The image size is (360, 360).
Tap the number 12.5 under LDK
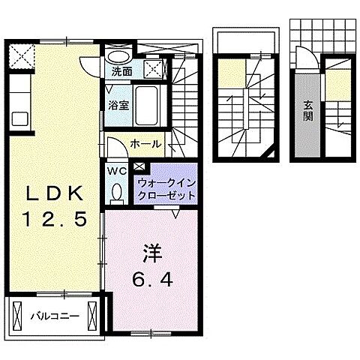tap(55, 219)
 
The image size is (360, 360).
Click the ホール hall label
tap(143, 142)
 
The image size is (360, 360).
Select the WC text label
tap(117, 170)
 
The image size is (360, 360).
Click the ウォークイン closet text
tap(166, 182)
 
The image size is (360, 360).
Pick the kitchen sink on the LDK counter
tap(18, 118)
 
